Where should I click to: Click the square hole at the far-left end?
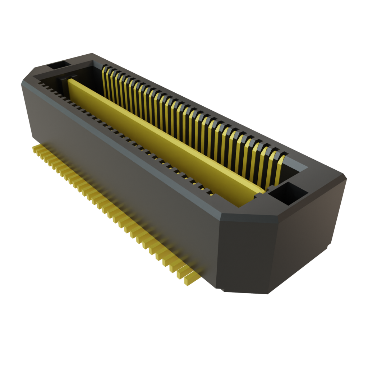[57, 65]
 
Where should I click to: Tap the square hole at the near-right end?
[287, 192]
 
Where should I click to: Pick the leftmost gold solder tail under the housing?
[35, 149]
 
